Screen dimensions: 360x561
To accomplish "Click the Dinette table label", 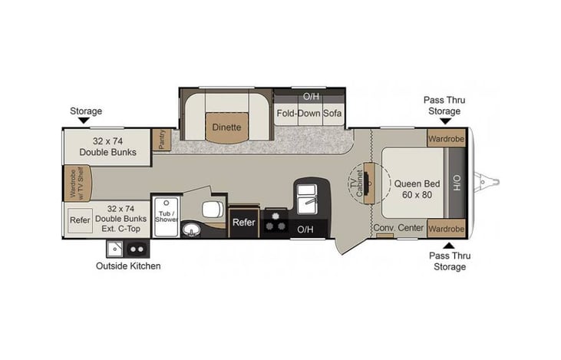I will (x=226, y=127).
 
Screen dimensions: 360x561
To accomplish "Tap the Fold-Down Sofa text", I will (x=309, y=114).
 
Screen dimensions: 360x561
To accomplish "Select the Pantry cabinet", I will (x=162, y=140).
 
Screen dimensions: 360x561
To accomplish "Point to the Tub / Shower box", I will (x=167, y=215).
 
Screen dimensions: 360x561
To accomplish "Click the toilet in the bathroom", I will (x=211, y=210).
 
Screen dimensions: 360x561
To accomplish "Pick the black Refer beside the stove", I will (x=243, y=222).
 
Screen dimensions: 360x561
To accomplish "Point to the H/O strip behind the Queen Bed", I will (x=456, y=183).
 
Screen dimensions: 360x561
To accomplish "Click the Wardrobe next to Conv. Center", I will (x=446, y=229).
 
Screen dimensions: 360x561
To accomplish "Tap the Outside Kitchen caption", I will (x=128, y=266).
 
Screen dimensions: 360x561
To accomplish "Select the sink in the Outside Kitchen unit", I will (x=115, y=249).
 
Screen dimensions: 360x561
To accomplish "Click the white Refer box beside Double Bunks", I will (x=80, y=219).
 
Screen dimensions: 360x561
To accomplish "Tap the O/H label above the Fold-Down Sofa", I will (x=310, y=97).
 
